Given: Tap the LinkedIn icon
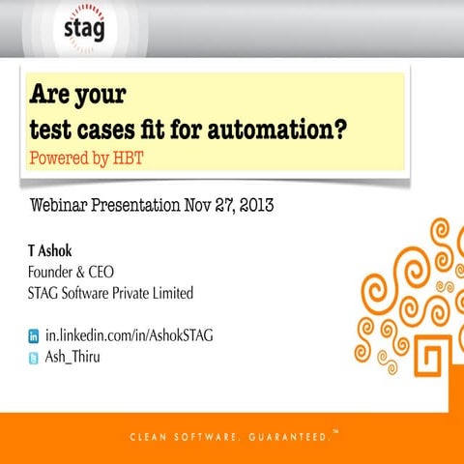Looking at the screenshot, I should (34, 336).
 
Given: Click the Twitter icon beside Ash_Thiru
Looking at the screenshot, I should (34, 356).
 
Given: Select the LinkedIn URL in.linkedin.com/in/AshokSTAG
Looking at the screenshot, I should (129, 336).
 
